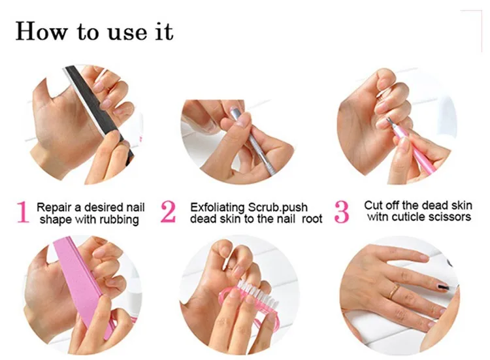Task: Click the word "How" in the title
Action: (41, 31)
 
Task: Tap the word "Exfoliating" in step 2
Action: (217, 206)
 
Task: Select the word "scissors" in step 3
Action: (449, 217)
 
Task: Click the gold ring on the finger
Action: (393, 291)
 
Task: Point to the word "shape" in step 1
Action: (55, 220)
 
